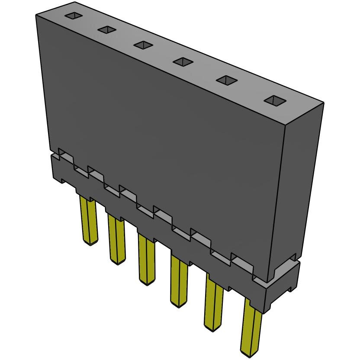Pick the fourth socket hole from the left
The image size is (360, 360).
[183, 62]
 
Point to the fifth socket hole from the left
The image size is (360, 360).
[226, 80]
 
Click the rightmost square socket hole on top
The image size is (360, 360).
[275, 101]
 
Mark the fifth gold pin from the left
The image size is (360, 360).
[214, 303]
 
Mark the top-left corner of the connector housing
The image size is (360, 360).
[37, 16]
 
